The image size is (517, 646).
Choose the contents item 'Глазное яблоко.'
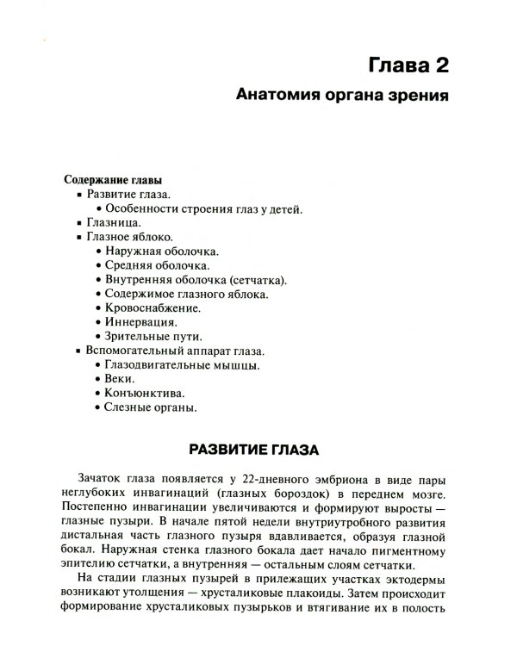tap(129, 237)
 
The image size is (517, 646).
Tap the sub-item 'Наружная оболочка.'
tap(160, 252)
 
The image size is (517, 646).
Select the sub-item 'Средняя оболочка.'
tap(156, 265)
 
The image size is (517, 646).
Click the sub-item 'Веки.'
tap(120, 379)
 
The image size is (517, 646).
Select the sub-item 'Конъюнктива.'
tap(142, 393)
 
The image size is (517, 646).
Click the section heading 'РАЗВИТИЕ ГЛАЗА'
tap(254, 451)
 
